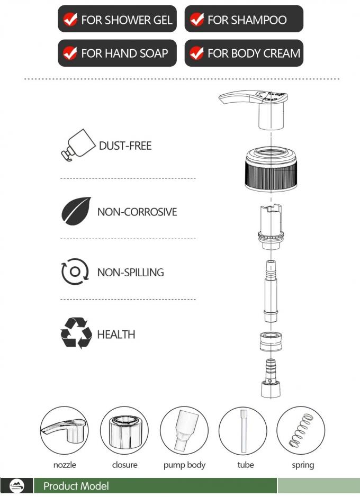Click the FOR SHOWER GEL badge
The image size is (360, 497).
(x=117, y=20)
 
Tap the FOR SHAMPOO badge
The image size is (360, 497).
(x=244, y=20)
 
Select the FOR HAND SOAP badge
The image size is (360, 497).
(x=117, y=53)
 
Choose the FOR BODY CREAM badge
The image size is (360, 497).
(x=244, y=53)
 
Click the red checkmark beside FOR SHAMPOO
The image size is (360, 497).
(x=197, y=20)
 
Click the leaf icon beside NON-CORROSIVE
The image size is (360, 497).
(x=76, y=212)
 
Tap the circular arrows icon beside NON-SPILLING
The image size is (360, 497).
(x=75, y=272)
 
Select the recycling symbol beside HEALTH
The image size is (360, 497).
(x=76, y=333)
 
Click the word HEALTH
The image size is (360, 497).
(x=116, y=335)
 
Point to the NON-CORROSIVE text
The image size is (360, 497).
(x=137, y=212)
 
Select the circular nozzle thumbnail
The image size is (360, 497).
(x=64, y=430)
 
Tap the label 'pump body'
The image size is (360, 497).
(x=184, y=465)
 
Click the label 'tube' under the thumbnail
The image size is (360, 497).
(x=245, y=465)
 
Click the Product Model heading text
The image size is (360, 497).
(x=76, y=486)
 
